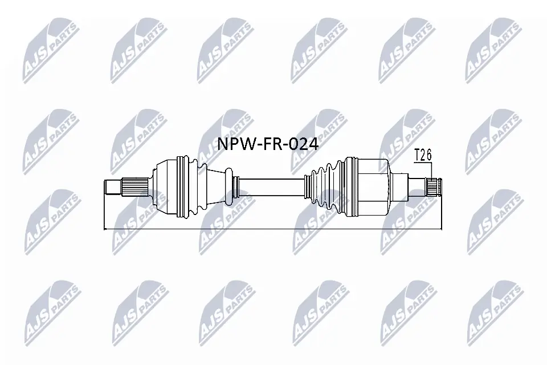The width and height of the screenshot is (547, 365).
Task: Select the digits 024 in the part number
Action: (x=303, y=144)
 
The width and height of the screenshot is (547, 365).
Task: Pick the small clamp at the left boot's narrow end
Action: (x=235, y=186)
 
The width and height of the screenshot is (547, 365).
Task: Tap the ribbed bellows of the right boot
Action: (x=324, y=186)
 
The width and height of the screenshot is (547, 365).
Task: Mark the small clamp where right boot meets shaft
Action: (x=307, y=186)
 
